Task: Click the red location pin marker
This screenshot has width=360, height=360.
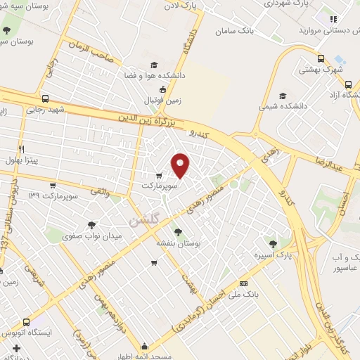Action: pos(181,165)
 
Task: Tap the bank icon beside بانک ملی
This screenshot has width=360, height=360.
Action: pos(244,283)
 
